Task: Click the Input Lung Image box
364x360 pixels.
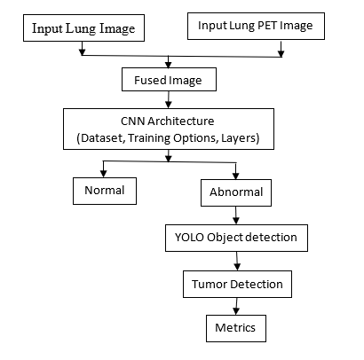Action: tap(83, 27)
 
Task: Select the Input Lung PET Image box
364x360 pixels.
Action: tap(256, 26)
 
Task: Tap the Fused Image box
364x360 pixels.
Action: tap(169, 79)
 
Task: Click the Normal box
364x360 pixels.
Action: tap(105, 191)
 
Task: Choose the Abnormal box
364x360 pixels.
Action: tap(236, 192)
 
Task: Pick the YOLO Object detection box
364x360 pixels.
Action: tap(236, 238)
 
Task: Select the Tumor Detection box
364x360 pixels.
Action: tap(237, 284)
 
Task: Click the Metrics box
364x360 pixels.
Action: tap(236, 328)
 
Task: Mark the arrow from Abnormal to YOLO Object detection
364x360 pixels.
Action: tap(236, 215)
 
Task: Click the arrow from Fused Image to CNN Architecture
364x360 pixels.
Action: tap(169, 99)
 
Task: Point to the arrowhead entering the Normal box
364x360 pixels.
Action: tap(103, 174)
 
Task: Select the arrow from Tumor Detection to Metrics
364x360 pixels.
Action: tap(236, 306)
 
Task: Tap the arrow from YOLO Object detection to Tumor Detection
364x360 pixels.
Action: tap(237, 262)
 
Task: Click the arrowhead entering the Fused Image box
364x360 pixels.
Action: tap(169, 65)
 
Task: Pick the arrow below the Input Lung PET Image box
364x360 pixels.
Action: tap(281, 49)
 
